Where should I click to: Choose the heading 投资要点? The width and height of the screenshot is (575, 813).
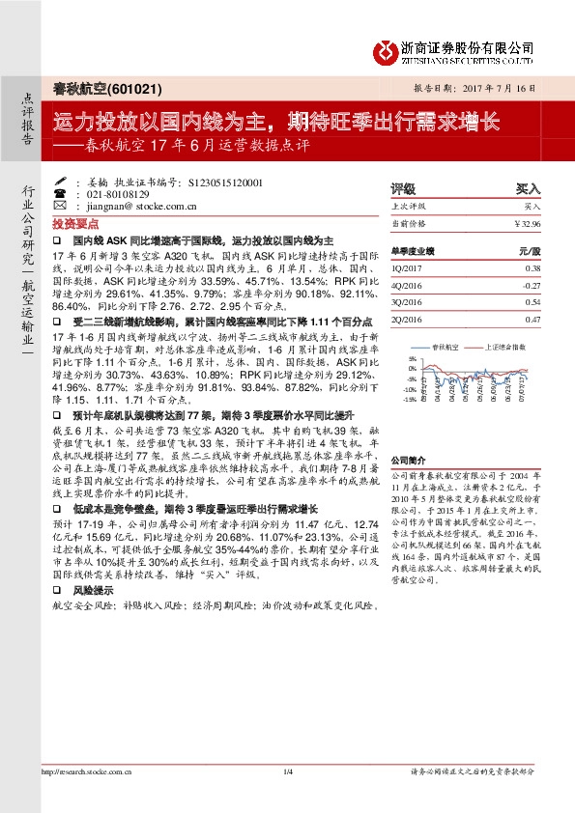click(x=81, y=221)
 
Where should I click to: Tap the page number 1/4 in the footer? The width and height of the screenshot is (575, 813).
click(x=287, y=771)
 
